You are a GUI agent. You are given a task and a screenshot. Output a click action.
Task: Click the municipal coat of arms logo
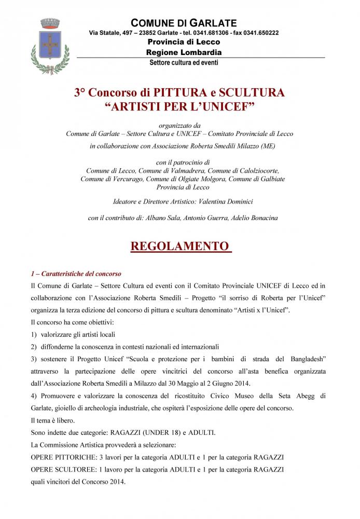pos(50,45)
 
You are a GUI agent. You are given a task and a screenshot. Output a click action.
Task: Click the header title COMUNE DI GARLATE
pos(184,23)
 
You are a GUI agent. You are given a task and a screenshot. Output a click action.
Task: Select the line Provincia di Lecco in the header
pos(184,42)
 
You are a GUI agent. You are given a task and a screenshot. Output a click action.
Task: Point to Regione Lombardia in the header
pos(184,52)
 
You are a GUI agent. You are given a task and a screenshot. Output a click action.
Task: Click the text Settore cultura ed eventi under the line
pos(184,63)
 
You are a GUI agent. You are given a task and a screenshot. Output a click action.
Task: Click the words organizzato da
pos(179,125)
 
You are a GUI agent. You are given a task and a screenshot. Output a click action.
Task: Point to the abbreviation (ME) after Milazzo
pos(268,146)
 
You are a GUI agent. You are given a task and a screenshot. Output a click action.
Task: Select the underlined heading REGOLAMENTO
pos(179,245)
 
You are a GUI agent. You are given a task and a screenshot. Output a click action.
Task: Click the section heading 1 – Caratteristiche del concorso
pos(76,274)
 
